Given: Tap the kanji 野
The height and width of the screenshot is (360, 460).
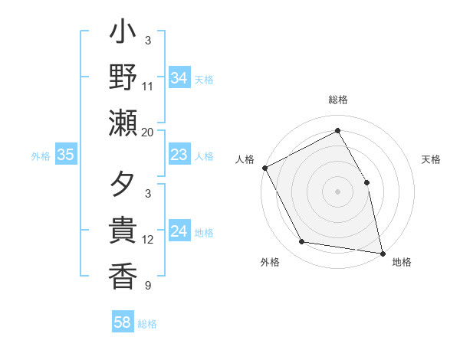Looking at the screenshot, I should [x=123, y=77].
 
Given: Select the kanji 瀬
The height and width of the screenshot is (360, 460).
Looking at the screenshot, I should [x=123, y=122].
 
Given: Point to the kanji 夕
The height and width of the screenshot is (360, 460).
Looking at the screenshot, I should [x=123, y=186].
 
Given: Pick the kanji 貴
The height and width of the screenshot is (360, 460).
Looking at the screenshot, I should [x=123, y=231].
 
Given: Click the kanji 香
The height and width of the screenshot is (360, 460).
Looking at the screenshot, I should [x=123, y=275].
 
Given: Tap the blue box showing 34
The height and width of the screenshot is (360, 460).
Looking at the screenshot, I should [x=179, y=78].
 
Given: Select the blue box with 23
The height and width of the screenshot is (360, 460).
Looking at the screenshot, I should [x=179, y=155].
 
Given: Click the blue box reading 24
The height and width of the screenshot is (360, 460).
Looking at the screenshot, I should [x=179, y=232].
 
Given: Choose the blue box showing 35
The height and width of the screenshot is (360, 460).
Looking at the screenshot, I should [x=66, y=155].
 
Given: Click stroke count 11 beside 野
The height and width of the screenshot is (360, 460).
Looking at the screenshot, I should [x=148, y=86].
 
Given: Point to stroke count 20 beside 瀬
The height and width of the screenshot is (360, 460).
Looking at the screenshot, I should [x=148, y=132].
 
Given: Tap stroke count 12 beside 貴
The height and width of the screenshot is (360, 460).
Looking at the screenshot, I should [x=148, y=240].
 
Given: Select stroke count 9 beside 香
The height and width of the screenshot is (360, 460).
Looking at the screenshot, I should [x=148, y=286].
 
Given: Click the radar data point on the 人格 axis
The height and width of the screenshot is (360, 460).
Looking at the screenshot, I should [x=265, y=168].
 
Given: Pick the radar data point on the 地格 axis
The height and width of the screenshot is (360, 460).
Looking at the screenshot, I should [x=382, y=253].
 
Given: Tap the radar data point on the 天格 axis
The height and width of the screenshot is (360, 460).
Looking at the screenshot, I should [x=366, y=182].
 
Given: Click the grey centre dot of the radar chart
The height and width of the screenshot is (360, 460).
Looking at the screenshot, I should [x=337, y=191].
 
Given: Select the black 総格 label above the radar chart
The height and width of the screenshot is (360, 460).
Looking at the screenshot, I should [x=338, y=100].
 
